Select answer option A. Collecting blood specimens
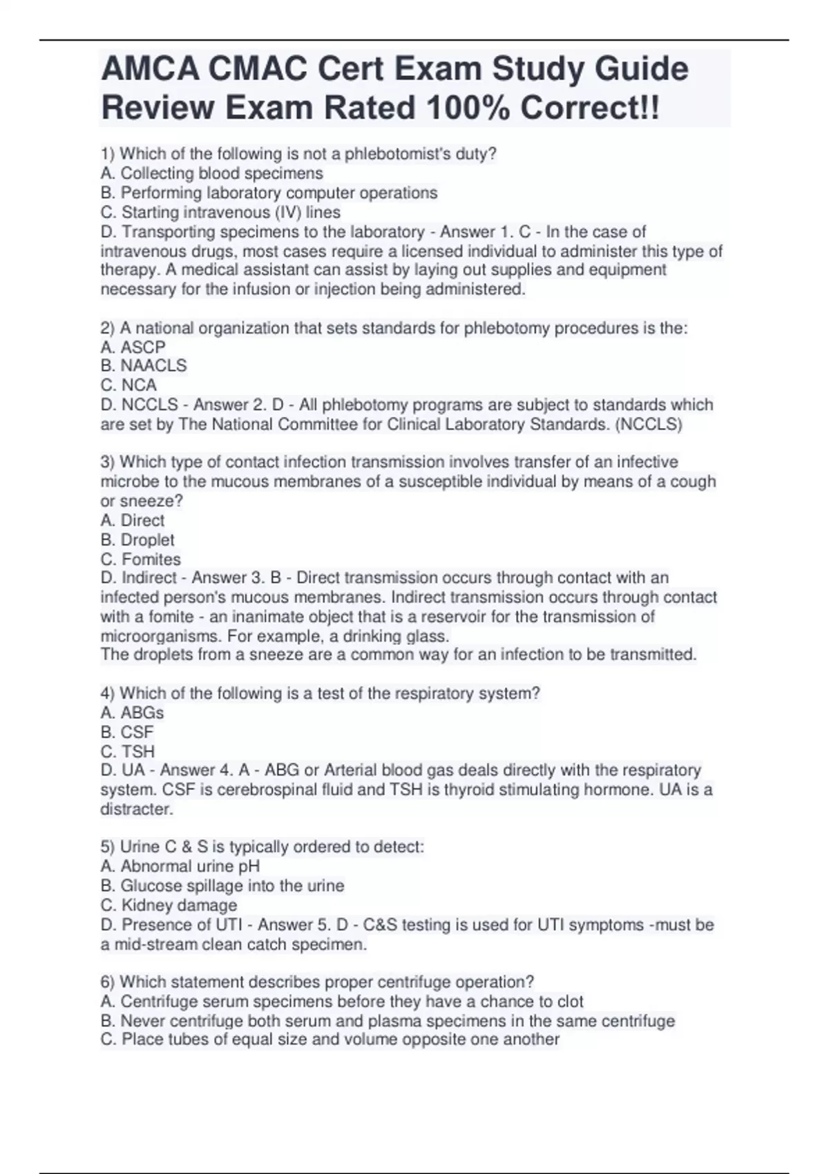click(x=211, y=173)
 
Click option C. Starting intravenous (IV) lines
click(x=220, y=212)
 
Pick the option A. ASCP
click(x=133, y=347)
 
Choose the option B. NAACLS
click(x=143, y=365)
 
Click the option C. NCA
click(x=128, y=385)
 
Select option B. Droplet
click(x=137, y=539)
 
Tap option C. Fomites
click(x=140, y=559)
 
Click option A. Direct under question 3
click(x=133, y=520)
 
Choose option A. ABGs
click(x=132, y=712)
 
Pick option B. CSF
click(x=127, y=731)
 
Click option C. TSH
click(x=127, y=751)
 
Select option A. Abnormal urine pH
click(x=180, y=866)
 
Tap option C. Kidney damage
click(x=169, y=905)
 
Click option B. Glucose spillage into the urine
click(x=222, y=885)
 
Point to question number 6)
click(x=108, y=981)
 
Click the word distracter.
click(x=137, y=809)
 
